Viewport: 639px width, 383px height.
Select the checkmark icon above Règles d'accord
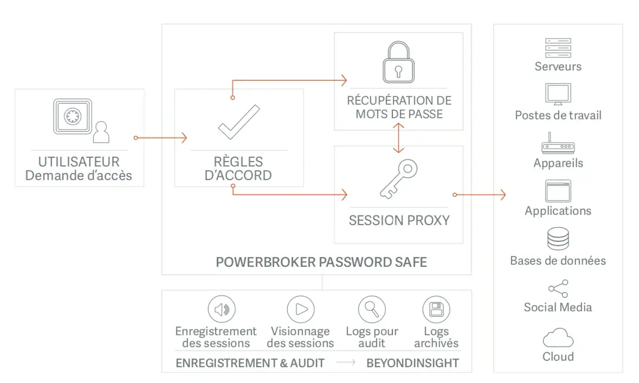coord(238,123)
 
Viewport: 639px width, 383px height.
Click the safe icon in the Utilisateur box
coord(72,116)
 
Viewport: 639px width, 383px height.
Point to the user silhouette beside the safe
coord(101,132)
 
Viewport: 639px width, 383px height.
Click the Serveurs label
coord(558,67)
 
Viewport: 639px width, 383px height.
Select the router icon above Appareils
coord(558,145)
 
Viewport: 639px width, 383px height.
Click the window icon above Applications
coord(558,191)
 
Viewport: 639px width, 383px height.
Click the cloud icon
coord(558,339)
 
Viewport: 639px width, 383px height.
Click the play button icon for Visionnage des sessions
coord(301,310)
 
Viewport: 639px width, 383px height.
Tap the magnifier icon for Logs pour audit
coord(372,310)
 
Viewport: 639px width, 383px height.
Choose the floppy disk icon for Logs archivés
coord(436,310)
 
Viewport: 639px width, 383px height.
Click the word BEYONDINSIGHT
coord(412,363)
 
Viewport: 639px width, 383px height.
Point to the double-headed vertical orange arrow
coord(399,138)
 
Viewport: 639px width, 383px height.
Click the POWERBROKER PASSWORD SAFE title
coord(321,263)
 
